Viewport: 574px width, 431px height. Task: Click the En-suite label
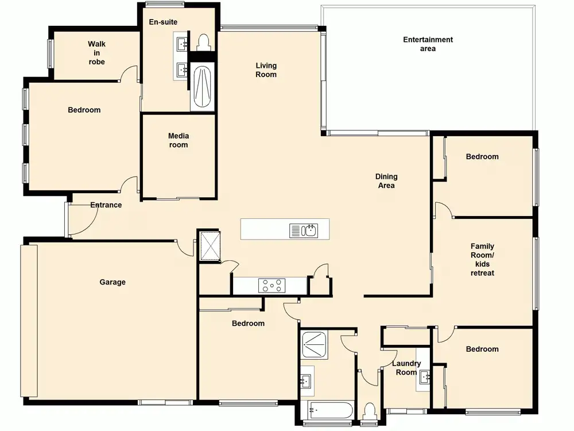coord(163,22)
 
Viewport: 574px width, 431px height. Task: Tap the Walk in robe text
coord(96,53)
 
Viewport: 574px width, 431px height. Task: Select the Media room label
coord(179,140)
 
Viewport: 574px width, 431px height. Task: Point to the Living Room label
coord(266,70)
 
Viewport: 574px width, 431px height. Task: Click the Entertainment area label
coord(428,44)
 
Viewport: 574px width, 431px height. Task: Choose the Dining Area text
coord(386,181)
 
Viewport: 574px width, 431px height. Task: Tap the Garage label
coord(113,282)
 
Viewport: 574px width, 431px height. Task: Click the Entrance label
coord(106,205)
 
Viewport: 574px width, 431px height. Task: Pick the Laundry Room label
coord(406,368)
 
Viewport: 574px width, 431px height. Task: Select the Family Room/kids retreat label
coord(483,260)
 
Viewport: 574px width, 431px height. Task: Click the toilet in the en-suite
coord(203,42)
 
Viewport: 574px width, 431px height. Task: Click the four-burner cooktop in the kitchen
coord(272,286)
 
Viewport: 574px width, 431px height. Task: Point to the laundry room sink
coord(424,376)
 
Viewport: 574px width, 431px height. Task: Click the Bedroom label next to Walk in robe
coord(84,110)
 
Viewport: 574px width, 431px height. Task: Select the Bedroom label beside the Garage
coord(248,323)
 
